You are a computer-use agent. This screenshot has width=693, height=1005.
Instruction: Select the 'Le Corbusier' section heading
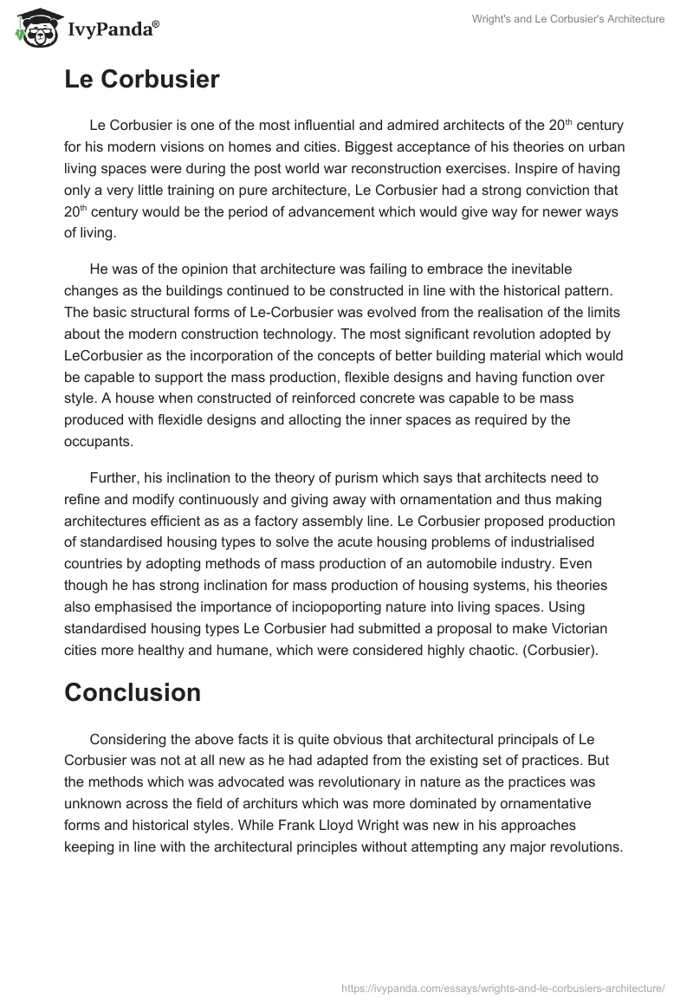coord(142,80)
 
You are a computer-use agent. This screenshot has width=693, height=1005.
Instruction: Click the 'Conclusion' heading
coord(133,692)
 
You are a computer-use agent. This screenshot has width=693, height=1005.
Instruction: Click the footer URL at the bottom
coord(502,988)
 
